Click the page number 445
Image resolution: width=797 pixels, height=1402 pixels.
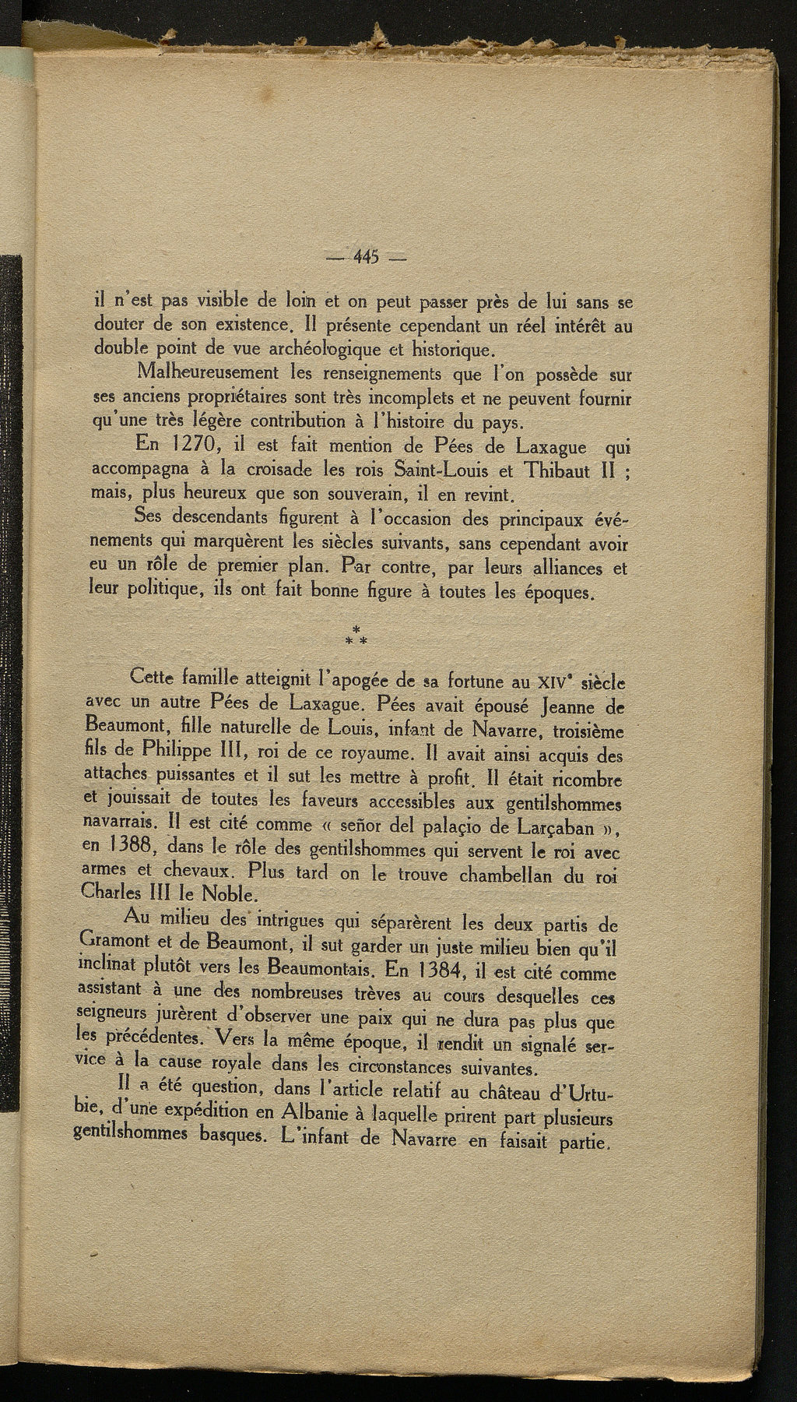[x=364, y=256]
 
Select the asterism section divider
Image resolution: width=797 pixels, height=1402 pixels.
[x=355, y=635]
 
